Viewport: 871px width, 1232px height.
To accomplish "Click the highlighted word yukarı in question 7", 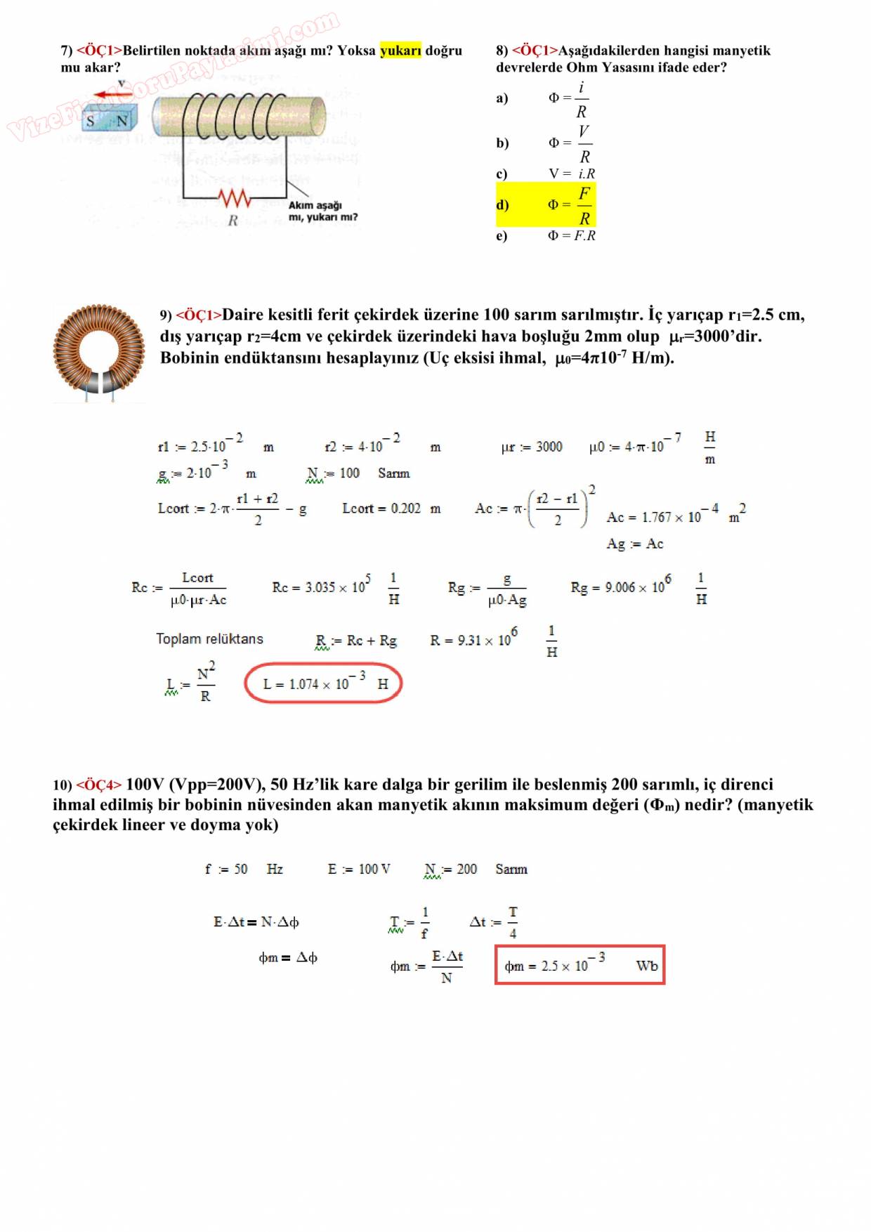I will click(400, 51).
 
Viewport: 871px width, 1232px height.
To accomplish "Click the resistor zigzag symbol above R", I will click(235, 199).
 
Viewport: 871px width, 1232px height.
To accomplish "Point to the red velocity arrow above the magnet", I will click(113, 93).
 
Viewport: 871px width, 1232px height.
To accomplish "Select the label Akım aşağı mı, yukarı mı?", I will click(322, 211).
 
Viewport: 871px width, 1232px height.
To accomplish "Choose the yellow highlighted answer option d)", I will click(545, 204).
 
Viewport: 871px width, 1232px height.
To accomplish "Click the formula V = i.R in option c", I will click(572, 173).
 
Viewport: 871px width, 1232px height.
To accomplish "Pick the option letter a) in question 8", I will click(502, 98).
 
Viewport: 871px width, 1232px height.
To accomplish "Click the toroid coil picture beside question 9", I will click(99, 351).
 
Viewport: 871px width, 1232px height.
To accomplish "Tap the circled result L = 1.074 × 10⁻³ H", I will click(323, 683).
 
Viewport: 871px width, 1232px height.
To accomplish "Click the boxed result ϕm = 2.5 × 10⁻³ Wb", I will click(579, 965).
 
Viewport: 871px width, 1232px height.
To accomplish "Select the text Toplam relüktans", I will click(209, 639).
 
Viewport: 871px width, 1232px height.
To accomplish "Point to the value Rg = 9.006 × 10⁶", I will click(620, 586).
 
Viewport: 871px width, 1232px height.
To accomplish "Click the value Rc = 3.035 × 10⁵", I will click(321, 586).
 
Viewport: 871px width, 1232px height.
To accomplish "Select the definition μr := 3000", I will click(532, 447).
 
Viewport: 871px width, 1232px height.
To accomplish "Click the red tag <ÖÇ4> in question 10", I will click(99, 785).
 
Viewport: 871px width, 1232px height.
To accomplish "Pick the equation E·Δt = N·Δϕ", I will click(256, 922).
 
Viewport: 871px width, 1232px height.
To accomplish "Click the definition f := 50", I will click(226, 870).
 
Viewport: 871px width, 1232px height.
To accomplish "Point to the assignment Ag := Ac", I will click(634, 544).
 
